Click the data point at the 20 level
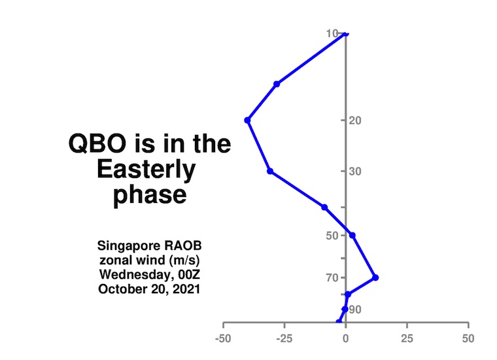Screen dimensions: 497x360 (248, 120)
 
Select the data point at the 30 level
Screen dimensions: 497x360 (270, 171)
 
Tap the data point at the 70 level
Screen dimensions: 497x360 (375, 278)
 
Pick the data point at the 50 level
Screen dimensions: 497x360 (352, 236)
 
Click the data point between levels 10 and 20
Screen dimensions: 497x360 (277, 84)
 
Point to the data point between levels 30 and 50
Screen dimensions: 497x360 (324, 207)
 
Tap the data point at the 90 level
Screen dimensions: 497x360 (345, 309)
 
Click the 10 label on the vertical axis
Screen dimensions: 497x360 (332, 33)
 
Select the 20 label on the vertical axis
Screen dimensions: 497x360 (355, 120)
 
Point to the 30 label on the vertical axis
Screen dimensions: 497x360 (355, 171)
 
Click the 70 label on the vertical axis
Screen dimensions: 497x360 (332, 278)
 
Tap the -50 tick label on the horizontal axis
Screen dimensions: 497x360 (223, 339)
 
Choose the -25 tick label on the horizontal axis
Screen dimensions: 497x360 (284, 339)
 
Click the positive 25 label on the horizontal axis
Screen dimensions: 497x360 (407, 339)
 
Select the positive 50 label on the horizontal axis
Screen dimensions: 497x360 (468, 339)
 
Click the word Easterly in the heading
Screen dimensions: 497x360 (146, 170)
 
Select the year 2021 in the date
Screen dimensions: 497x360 (186, 289)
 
